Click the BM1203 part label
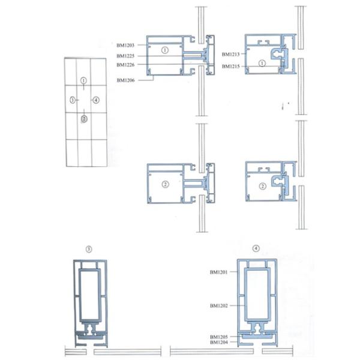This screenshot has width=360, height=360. coord(125,45)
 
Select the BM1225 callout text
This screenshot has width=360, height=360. coord(125,56)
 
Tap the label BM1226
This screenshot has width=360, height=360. coord(125,65)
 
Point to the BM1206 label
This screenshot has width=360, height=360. coord(125,80)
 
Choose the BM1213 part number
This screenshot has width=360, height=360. coord(230,55)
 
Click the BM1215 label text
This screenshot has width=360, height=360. coord(230,67)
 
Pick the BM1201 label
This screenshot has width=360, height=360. coord(218,272)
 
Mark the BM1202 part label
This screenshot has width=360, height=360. coord(219,305)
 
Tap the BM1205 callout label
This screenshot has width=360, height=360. coord(219,337)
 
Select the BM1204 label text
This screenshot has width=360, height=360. coord(219,343)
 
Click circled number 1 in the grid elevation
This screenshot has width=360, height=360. coord(83,80)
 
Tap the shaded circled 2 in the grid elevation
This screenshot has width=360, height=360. coord(84,119)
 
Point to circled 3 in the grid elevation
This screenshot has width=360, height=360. coord(73,100)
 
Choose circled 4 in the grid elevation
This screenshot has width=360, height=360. coord(96,100)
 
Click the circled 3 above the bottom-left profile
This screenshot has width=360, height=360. coord(89,250)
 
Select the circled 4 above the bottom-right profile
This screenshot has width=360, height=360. coord(256,248)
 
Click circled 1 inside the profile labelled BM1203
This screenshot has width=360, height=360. coord(165,50)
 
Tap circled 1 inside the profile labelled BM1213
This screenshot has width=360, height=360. coord(262,63)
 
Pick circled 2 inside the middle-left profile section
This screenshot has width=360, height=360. coord(166,184)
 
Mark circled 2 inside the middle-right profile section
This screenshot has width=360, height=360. coord(263,186)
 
